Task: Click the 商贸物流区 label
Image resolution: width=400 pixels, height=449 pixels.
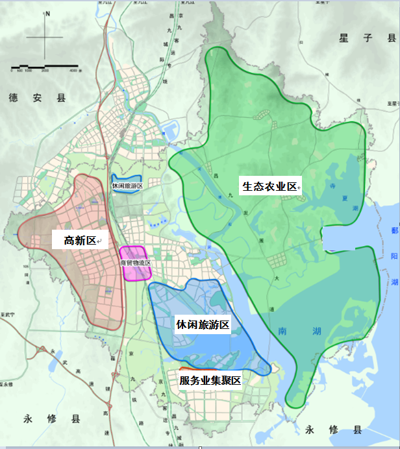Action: click(x=135, y=263)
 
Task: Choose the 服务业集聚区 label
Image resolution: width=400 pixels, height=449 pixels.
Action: click(x=210, y=381)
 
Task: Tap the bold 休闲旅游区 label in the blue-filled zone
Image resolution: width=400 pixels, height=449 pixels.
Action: click(x=203, y=324)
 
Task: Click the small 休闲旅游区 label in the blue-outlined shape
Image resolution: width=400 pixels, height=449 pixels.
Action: click(x=127, y=186)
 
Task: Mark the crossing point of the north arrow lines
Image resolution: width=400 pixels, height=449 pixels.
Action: click(x=45, y=38)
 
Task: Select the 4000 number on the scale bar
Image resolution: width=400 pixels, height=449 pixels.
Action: click(x=73, y=69)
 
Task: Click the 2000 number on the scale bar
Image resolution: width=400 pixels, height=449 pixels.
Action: click(x=44, y=69)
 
